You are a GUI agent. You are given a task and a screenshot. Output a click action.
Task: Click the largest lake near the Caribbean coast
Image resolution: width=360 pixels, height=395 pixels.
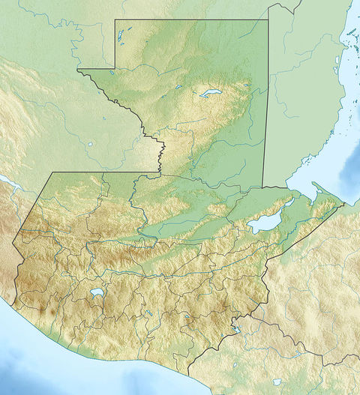point(263,223)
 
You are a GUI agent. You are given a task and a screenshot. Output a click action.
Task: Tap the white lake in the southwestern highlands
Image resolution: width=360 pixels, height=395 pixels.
point(96,293)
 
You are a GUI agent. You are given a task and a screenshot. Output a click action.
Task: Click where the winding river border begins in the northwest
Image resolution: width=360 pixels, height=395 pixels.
point(78,70)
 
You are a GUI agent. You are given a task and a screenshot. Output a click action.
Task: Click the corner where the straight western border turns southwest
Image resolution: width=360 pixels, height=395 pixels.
point(49,173)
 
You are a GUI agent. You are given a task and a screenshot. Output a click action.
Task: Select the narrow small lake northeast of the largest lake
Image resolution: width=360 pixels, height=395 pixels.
point(289,202)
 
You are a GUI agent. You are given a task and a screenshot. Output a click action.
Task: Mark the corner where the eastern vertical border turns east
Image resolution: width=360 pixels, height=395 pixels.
point(263,187)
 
